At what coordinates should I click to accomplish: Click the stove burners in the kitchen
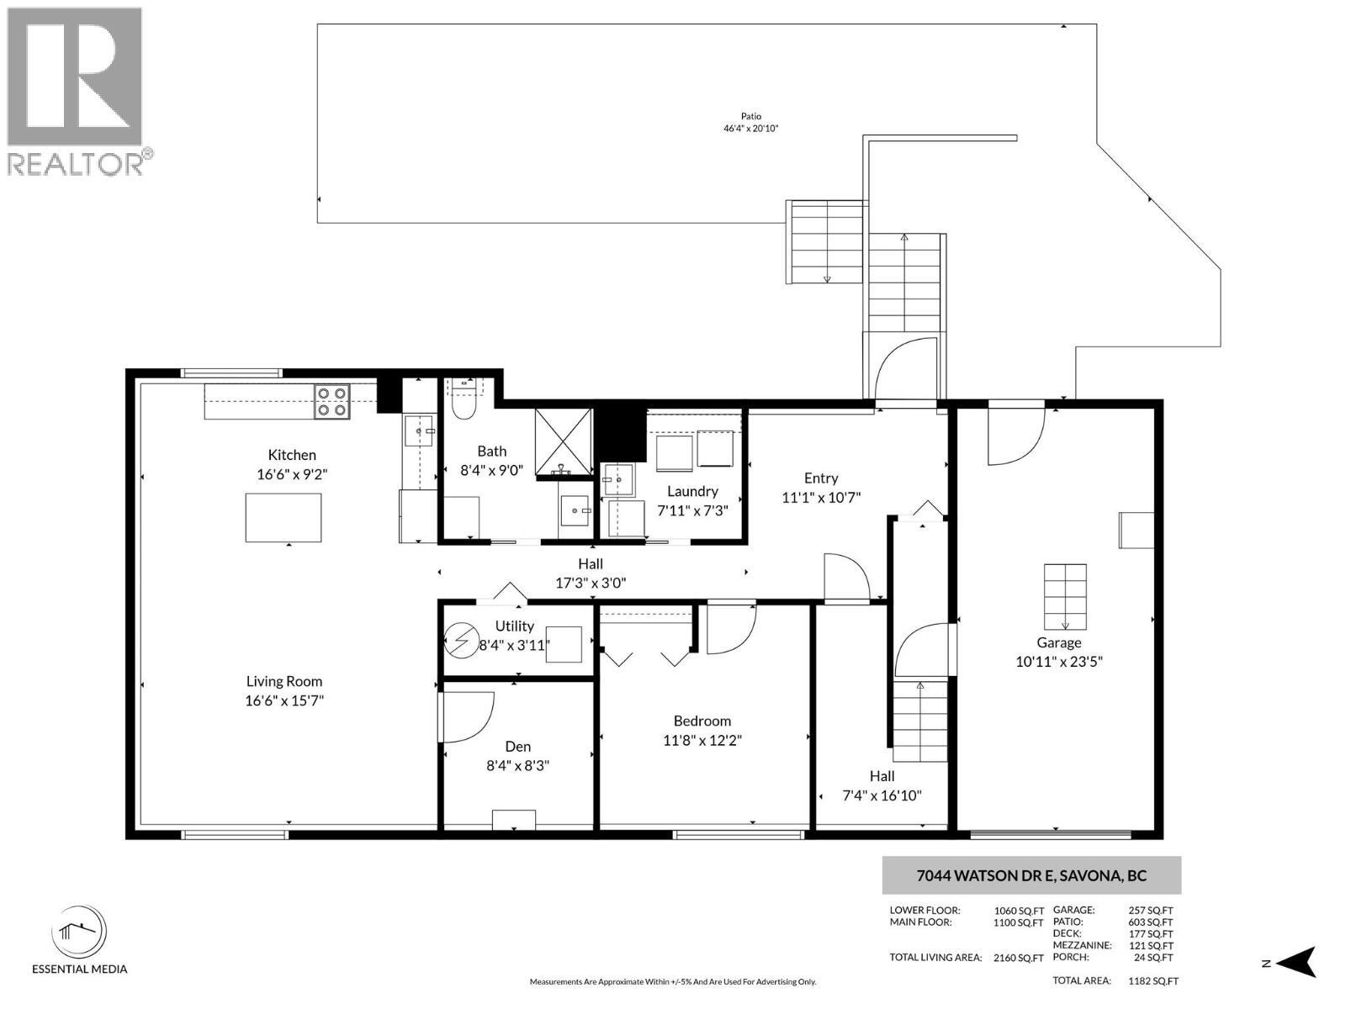[331, 401]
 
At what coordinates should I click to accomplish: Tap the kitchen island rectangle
[283, 517]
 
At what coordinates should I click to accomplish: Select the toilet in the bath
[464, 407]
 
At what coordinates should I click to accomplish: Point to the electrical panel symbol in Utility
[460, 643]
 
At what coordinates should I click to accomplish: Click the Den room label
[517, 747]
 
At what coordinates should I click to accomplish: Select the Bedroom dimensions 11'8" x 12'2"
[702, 740]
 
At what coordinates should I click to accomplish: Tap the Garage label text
[1058, 642]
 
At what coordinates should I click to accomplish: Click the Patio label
[750, 117]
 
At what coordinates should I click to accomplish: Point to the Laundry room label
[692, 491]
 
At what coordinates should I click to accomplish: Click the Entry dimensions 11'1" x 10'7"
[820, 498]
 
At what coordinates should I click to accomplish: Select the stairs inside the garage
[1065, 597]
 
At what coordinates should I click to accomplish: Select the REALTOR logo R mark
[74, 77]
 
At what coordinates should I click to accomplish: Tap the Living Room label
[284, 681]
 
